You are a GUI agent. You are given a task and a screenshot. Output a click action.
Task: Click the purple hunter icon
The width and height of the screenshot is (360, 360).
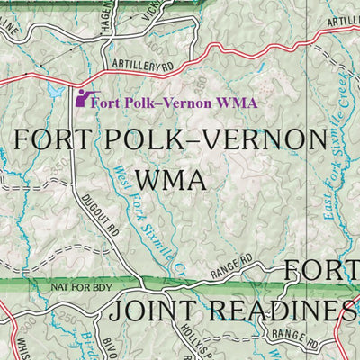(x=85, y=98)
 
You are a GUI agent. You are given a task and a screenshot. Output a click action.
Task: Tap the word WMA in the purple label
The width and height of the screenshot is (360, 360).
(x=238, y=103)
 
